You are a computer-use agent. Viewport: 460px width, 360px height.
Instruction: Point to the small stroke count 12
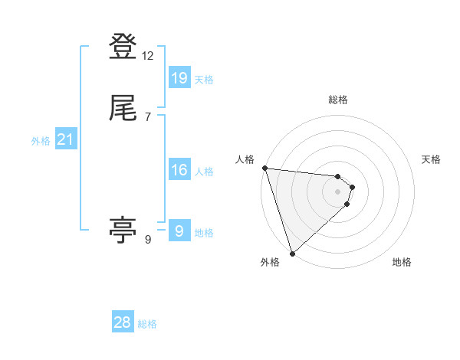(x=148, y=56)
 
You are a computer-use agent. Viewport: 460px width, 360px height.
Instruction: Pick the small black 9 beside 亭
(x=148, y=240)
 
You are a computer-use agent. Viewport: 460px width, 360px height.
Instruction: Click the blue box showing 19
(x=179, y=77)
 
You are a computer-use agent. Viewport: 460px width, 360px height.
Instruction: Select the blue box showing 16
(x=179, y=170)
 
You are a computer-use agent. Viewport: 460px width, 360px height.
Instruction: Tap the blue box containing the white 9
(x=179, y=231)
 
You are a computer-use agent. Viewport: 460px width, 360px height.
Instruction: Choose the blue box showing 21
(x=65, y=139)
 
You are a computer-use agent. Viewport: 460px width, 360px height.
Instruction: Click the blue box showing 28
(x=123, y=322)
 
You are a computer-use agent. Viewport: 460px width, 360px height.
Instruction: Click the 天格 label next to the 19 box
(x=204, y=80)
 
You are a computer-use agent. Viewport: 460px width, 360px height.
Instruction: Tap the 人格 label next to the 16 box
(x=204, y=172)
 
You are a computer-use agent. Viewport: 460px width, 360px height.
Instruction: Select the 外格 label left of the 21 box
(x=41, y=141)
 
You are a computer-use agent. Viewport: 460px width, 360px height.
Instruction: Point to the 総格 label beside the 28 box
(x=147, y=324)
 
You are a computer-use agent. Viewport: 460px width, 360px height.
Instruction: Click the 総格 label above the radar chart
(x=338, y=100)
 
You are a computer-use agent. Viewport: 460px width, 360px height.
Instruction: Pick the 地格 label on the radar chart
(x=402, y=262)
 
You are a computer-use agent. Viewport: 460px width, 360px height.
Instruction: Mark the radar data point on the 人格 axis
(x=264, y=168)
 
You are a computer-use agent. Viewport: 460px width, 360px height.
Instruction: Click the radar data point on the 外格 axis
(x=292, y=253)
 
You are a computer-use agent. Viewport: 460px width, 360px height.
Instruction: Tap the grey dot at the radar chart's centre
(x=338, y=191)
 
